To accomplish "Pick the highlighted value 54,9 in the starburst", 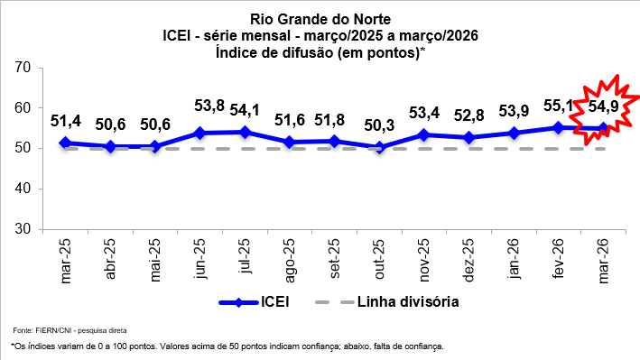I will pyautogui.click(x=604, y=107).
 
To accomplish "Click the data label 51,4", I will pyautogui.click(x=66, y=120).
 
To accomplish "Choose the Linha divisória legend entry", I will pyautogui.click(x=389, y=302).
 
